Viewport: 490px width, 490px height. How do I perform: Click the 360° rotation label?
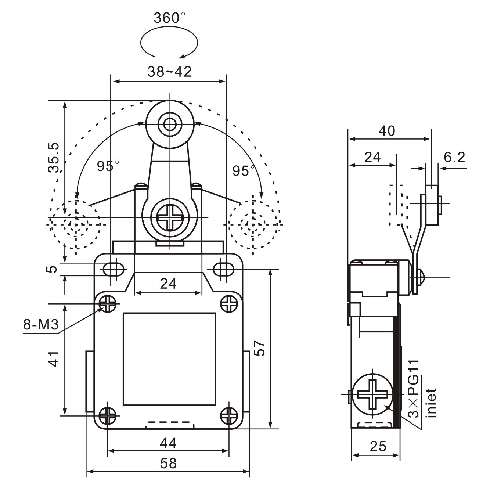point(169,18)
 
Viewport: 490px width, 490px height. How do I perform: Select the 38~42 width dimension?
point(169,72)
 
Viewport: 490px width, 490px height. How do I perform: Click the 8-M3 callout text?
point(41,325)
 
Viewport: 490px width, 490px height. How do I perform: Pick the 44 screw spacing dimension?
point(168,443)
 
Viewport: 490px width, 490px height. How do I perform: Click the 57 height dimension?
point(260,348)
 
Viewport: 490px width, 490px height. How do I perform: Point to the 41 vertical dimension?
point(54,359)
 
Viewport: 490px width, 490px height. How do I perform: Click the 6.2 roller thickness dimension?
point(454,157)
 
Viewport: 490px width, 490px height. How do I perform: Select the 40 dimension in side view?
point(387,131)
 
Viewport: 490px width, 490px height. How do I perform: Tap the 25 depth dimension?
point(378,446)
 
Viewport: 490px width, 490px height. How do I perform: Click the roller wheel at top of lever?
point(170,124)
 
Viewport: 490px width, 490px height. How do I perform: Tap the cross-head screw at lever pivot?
point(170,217)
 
